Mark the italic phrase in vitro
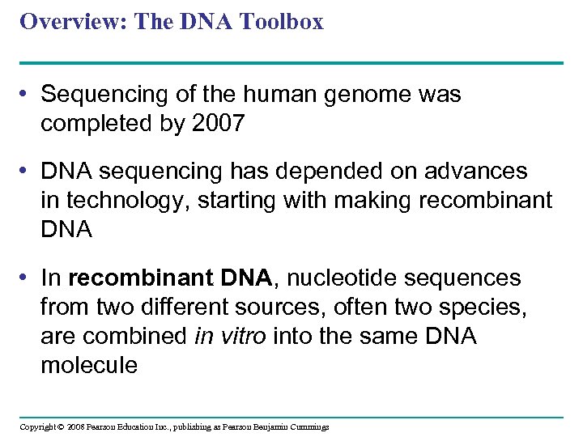tap(230, 337)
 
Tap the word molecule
tap(89, 366)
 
